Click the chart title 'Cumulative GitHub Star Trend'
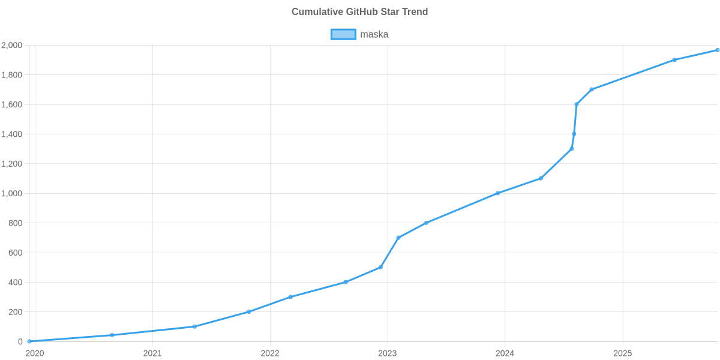point(359,12)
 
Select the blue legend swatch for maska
point(343,34)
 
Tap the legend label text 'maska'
point(374,34)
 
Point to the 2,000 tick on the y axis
point(12,46)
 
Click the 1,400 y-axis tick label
point(12,134)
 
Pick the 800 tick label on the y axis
point(16,223)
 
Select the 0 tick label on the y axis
point(20,341)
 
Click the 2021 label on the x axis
point(152,353)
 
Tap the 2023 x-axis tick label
point(388,353)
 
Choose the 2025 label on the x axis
point(623,353)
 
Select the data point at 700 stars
point(398,238)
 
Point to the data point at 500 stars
point(380,267)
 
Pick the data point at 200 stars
point(249,311)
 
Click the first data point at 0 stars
point(29,341)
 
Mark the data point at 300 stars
point(290,297)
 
